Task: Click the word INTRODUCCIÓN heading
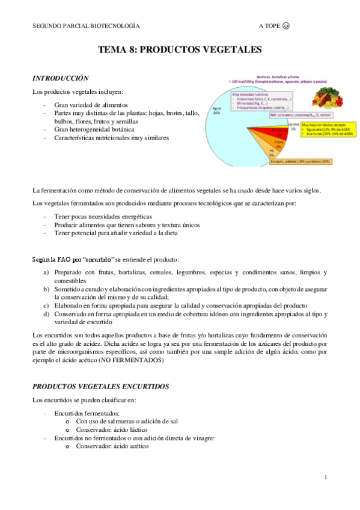pos(61,78)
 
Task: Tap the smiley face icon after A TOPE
pos(285,26)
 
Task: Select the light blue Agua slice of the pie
pos(231,129)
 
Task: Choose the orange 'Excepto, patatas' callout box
pos(301,161)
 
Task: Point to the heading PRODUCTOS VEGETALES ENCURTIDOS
pos(101,386)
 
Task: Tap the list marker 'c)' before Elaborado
pos(46,305)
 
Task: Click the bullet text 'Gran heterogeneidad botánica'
pos(94,129)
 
